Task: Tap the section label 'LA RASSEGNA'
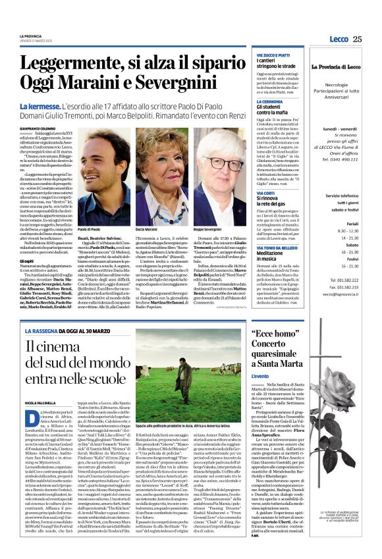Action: point(36,313)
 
